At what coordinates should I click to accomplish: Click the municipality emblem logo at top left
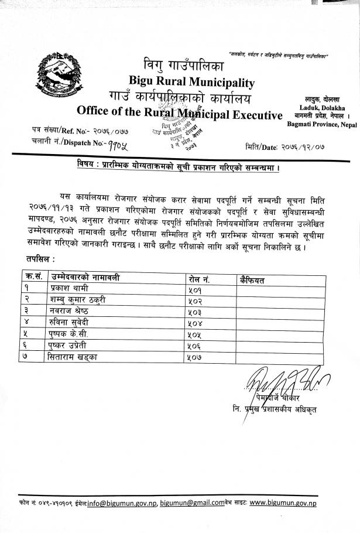[x=57, y=76]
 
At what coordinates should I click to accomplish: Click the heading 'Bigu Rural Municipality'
[x=192, y=83]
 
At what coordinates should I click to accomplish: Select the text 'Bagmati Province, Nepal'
[x=321, y=124]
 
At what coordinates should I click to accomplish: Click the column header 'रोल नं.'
[x=200, y=279]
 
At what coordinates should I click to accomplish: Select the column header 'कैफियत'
[x=252, y=280]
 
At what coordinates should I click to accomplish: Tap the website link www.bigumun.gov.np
[x=283, y=502]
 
